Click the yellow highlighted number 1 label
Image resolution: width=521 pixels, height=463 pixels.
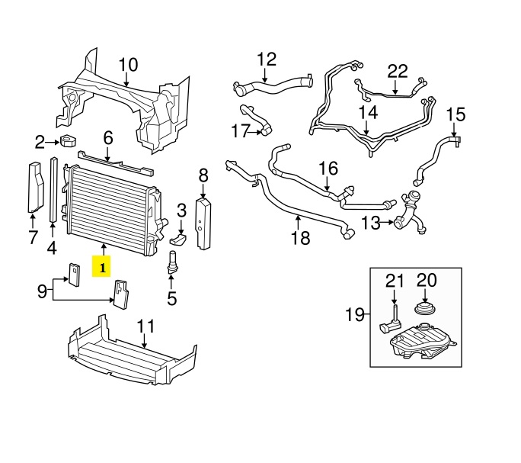pyautogui.click(x=101, y=267)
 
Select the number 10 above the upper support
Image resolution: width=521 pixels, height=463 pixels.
pyautogui.click(x=127, y=64)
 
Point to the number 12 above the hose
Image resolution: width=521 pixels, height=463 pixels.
pyautogui.click(x=267, y=59)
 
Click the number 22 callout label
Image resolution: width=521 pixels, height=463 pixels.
pyautogui.click(x=398, y=72)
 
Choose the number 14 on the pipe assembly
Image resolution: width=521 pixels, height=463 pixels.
pyautogui.click(x=368, y=113)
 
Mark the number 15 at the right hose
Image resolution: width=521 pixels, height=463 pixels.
pyautogui.click(x=455, y=115)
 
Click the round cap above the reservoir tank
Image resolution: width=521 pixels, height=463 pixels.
pyautogui.click(x=424, y=310)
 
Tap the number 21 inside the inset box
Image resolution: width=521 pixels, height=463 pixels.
pyautogui.click(x=395, y=281)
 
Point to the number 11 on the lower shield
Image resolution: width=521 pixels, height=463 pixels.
pyautogui.click(x=145, y=326)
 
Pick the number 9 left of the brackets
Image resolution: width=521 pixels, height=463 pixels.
pyautogui.click(x=43, y=290)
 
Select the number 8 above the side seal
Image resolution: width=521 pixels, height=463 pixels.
pyautogui.click(x=203, y=176)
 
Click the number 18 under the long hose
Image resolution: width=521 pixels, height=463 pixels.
pyautogui.click(x=301, y=238)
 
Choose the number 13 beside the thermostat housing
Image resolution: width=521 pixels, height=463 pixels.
pyautogui.click(x=370, y=223)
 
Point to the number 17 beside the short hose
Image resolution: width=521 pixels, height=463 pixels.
pyautogui.click(x=241, y=131)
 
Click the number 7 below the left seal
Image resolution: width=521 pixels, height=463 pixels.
pyautogui.click(x=33, y=237)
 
